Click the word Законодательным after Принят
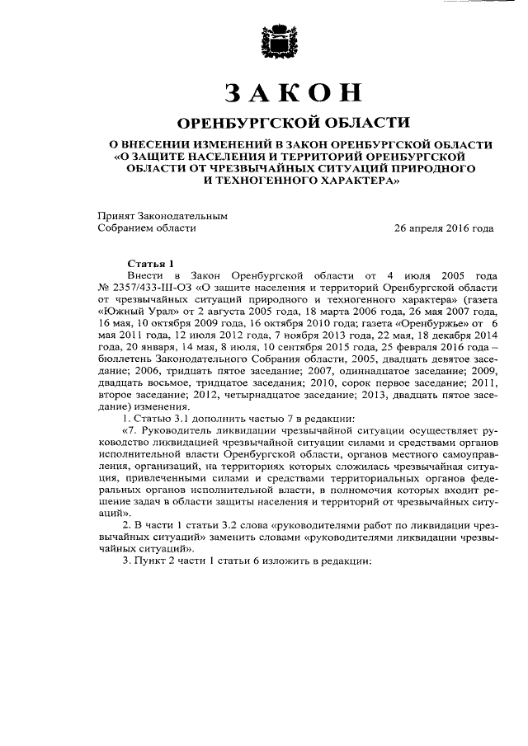[x=183, y=215]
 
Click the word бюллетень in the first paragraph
[x=126, y=365]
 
